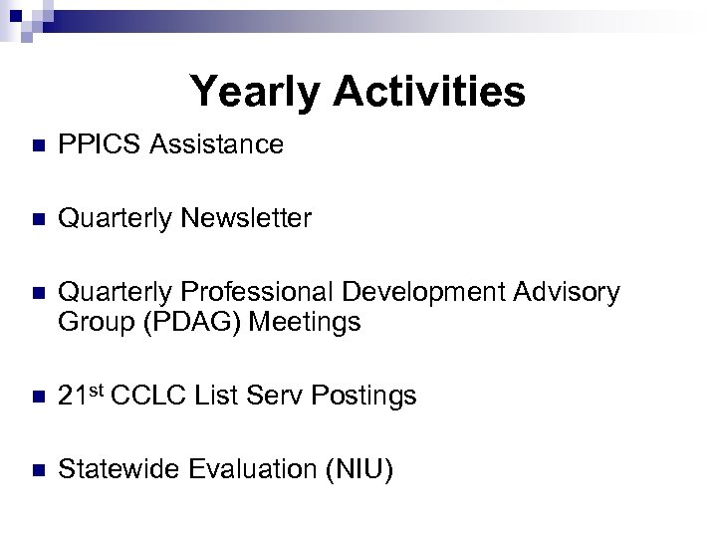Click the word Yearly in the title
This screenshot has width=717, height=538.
pyautogui.click(x=256, y=92)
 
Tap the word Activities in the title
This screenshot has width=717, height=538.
pyautogui.click(x=429, y=92)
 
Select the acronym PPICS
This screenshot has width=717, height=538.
pyautogui.click(x=96, y=145)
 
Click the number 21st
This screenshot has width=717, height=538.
pyautogui.click(x=83, y=396)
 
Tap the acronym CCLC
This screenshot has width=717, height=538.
pyautogui.click(x=147, y=397)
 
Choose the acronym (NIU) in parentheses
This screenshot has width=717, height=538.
pyautogui.click(x=357, y=470)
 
